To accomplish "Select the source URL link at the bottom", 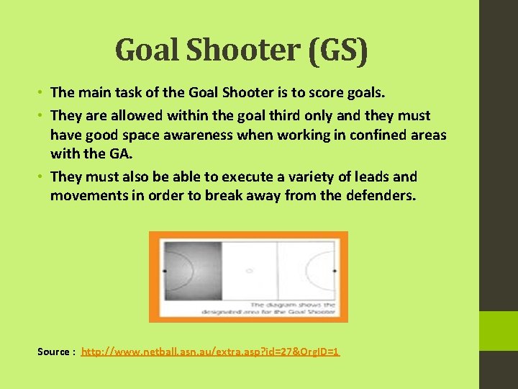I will tap(210, 352).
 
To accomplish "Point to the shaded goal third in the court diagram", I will tap(192, 270).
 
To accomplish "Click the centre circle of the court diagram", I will tap(249, 271).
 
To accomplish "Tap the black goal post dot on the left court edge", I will tap(165, 271).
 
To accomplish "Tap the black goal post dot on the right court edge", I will tap(335, 271).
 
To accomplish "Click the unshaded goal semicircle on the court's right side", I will tap(325, 271).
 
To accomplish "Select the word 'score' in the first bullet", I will tap(329, 92).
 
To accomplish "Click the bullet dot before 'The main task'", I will tap(42, 92).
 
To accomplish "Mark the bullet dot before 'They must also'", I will tap(42, 176).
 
